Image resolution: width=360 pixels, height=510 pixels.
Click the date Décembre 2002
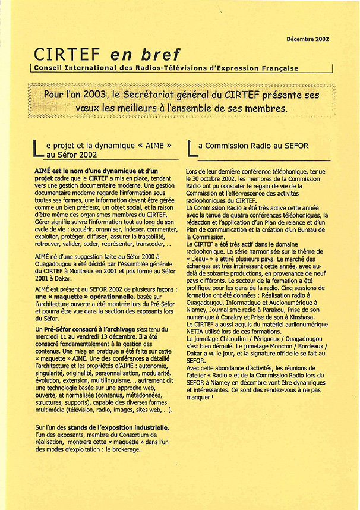pos(307,39)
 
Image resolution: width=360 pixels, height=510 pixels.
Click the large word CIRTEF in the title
pos(68,55)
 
